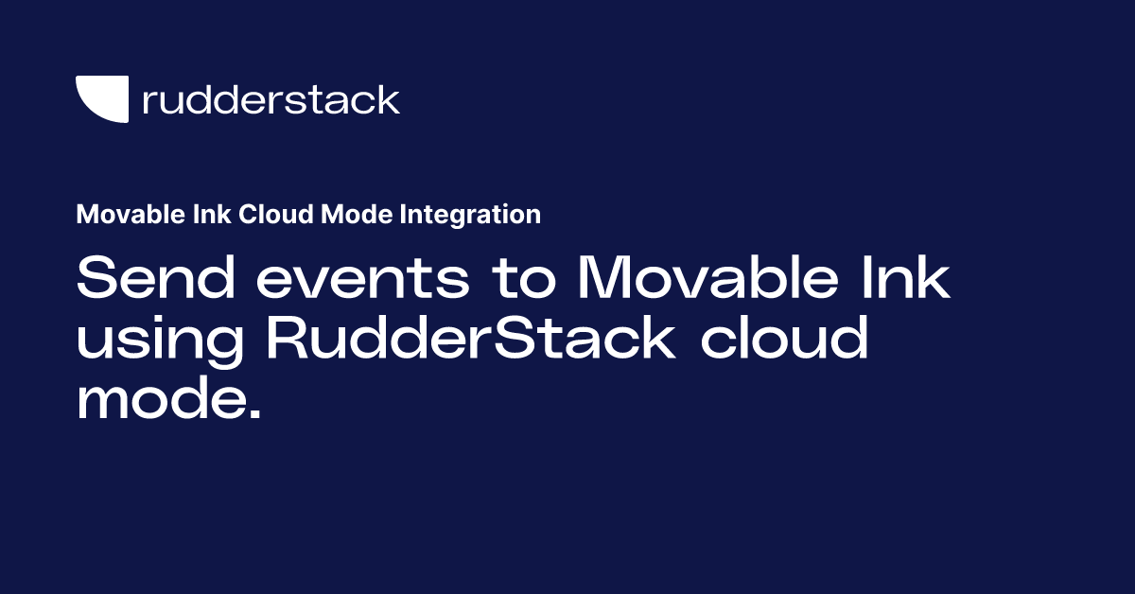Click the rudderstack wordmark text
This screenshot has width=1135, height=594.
click(271, 99)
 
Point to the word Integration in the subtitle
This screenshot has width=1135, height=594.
click(470, 216)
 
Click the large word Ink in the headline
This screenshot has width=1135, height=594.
click(909, 279)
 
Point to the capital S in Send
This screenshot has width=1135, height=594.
click(96, 279)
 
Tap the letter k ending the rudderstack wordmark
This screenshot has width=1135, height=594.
click(389, 98)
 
